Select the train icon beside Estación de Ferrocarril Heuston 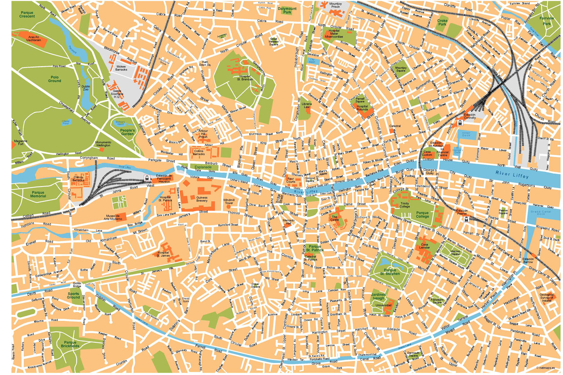[x=147, y=178]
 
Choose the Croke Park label [x=442, y=22]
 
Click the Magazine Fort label [x=21, y=143]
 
